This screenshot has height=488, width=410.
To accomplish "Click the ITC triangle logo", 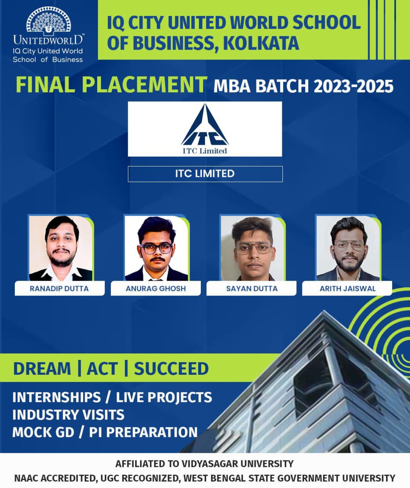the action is coord(205,125).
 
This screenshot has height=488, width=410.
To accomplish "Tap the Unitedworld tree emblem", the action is coord(49,19).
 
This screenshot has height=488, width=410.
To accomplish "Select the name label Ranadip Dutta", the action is coord(59,289).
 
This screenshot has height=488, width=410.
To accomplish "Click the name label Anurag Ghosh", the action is coord(156,289).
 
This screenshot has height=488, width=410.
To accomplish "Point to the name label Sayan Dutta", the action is coord(252,289).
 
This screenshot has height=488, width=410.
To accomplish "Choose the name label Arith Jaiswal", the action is coord(348,289).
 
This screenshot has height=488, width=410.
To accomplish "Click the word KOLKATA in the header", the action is coord(261,43).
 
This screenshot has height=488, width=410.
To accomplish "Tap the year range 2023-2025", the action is coord(354,87).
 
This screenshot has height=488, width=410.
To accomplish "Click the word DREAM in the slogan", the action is coord(42,369).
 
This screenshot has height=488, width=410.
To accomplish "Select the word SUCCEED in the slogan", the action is coord(171,369).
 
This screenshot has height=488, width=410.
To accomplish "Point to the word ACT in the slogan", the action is coord(102,369).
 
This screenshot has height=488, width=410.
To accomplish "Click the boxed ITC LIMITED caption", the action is coord(205,174).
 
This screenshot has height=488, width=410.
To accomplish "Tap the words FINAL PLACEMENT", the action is coord(111,85).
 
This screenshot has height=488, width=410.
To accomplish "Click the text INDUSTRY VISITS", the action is coord(68,415).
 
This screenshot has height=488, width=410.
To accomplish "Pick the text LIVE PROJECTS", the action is coord(164,397).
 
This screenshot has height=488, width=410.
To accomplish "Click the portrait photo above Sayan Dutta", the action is coord(253,248).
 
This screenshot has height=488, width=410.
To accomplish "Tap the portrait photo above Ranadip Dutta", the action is coord(61,248).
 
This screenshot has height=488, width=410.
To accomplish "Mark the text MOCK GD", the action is coord(43,432).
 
